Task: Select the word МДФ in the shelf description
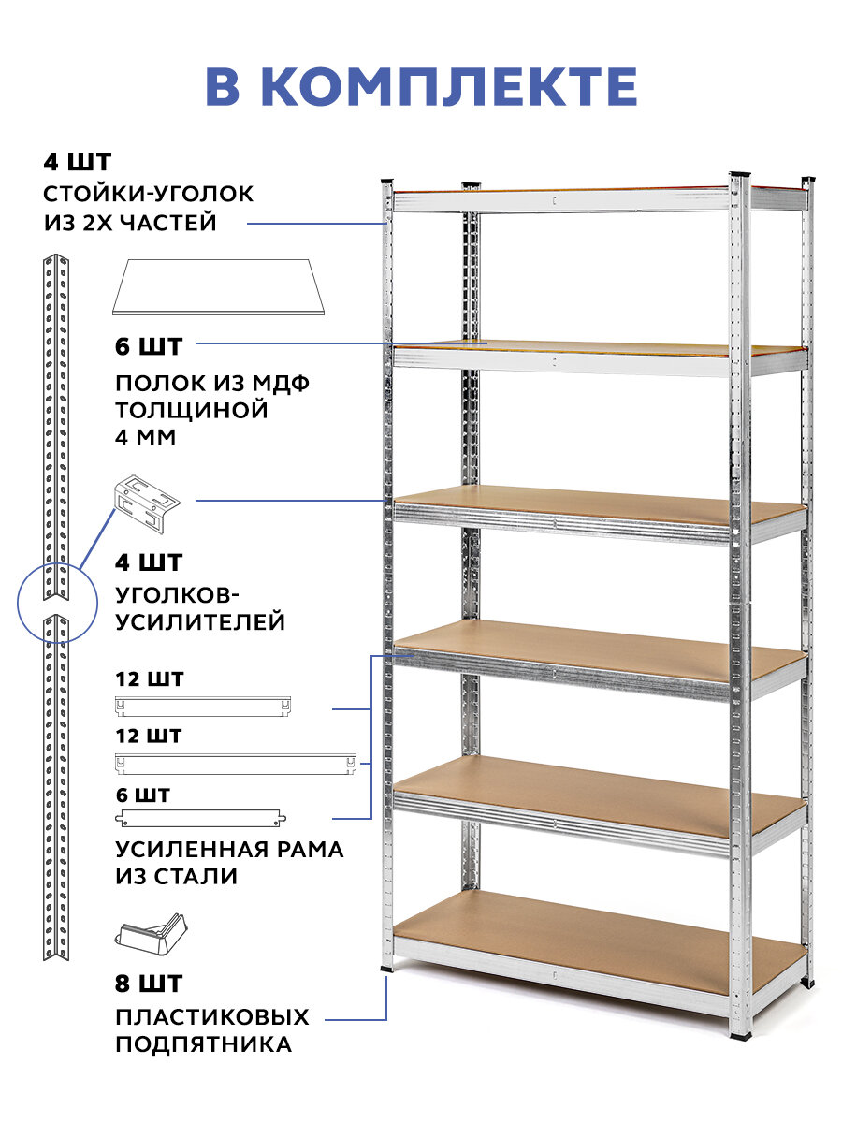(x=280, y=384)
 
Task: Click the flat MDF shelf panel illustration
(x=218, y=286)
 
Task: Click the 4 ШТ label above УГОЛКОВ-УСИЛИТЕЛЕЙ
(x=150, y=562)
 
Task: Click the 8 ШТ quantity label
(x=150, y=984)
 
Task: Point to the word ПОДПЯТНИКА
(x=203, y=1043)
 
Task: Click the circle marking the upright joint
(x=58, y=601)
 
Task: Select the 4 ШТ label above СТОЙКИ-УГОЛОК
(x=77, y=162)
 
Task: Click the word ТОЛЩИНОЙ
(x=192, y=410)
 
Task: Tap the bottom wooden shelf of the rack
(x=599, y=941)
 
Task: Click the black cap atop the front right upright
(x=739, y=176)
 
